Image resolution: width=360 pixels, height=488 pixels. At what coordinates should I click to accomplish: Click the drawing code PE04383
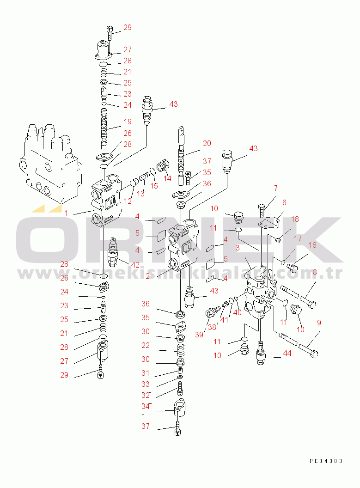point(326,461)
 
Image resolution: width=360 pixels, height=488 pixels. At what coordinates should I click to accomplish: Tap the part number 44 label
point(287,353)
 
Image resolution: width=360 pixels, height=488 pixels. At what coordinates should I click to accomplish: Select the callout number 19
point(128,122)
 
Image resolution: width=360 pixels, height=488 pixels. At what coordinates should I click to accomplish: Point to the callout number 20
point(207,143)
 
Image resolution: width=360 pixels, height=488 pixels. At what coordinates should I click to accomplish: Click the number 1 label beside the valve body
point(66,213)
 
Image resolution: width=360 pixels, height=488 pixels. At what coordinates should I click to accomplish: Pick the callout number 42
point(135,265)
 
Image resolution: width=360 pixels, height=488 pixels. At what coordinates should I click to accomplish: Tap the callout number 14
point(167,179)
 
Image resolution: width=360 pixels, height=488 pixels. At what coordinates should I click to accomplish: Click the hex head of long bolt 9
point(315,354)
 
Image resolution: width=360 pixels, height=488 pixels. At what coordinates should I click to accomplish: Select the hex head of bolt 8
point(312,304)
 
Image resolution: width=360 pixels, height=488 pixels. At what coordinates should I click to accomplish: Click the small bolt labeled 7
point(262,211)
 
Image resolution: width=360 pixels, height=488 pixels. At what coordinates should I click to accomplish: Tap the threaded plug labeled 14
point(163,166)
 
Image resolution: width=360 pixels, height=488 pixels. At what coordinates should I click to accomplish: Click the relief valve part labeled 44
point(261,353)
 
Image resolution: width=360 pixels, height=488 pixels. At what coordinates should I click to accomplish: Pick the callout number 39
point(199,335)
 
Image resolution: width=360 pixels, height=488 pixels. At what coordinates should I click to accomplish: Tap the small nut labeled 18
point(279,240)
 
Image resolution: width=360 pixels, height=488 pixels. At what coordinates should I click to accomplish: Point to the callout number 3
point(238,248)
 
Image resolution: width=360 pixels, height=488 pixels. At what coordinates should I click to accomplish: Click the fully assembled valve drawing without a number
point(50,165)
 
